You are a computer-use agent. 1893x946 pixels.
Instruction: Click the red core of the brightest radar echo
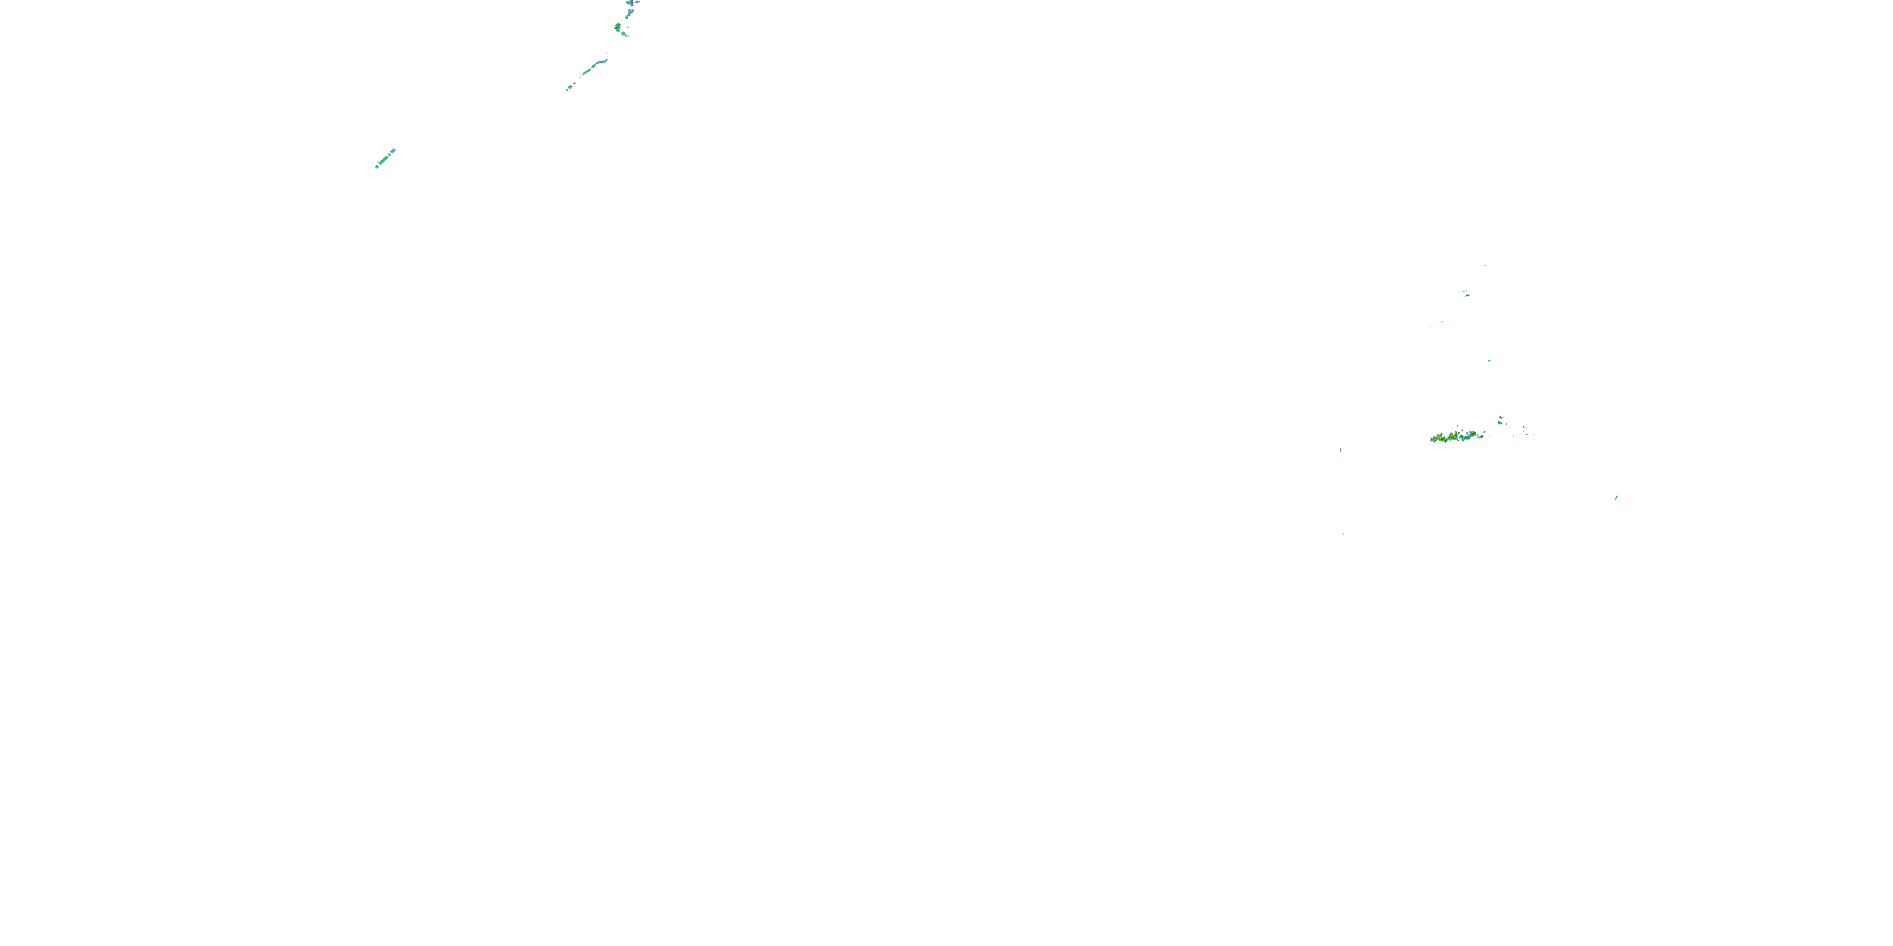tap(1453, 437)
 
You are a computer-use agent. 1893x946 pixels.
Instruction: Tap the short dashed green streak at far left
tap(386, 158)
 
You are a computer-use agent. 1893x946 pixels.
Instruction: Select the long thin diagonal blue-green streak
tap(593, 70)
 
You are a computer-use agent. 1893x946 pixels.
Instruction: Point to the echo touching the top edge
tap(631, 3)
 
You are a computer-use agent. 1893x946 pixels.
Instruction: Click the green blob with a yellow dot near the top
tap(618, 28)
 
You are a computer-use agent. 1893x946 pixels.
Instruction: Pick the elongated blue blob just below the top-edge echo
tap(628, 14)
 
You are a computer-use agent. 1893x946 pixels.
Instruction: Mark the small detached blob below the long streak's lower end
tap(568, 89)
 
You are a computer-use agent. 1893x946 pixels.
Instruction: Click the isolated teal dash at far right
tap(1617, 497)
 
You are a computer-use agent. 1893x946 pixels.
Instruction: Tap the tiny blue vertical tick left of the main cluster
tap(1341, 450)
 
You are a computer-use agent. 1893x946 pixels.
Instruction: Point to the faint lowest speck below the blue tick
tap(1343, 532)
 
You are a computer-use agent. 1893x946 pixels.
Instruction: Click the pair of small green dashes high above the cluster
tap(1466, 294)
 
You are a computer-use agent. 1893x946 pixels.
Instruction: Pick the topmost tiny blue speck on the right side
tap(1485, 265)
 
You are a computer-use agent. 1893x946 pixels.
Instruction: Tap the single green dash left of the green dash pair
tap(1441, 321)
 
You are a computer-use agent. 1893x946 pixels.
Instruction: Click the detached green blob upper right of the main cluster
tap(1501, 423)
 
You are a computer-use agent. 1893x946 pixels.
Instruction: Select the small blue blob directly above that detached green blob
tap(1501, 417)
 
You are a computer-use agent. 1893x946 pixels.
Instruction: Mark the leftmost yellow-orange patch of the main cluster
tap(1435, 438)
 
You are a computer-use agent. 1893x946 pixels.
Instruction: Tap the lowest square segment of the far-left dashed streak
tap(377, 166)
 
